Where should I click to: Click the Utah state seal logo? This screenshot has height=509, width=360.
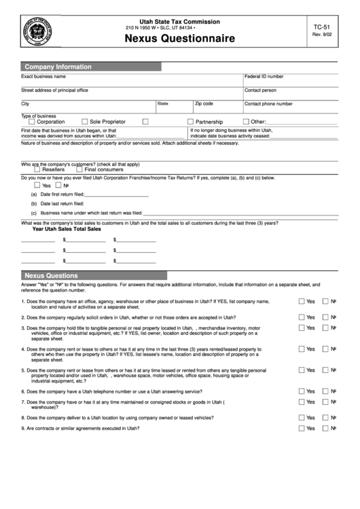[39, 32]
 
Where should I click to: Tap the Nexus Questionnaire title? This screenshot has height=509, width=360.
[181, 40]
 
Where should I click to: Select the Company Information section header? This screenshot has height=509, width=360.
[58, 67]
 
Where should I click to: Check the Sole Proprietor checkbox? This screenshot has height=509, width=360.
[85, 122]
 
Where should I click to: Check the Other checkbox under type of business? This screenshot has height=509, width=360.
[246, 122]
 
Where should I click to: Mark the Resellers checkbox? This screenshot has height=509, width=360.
[37, 169]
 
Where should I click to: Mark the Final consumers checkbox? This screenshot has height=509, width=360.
[79, 169]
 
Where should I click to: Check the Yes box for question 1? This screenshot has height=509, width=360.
[301, 301]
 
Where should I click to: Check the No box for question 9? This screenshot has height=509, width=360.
[325, 429]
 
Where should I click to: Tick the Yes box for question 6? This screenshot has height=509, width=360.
[301, 391]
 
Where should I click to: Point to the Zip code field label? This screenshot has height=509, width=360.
[204, 104]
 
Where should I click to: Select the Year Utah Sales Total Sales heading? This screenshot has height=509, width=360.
[67, 230]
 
